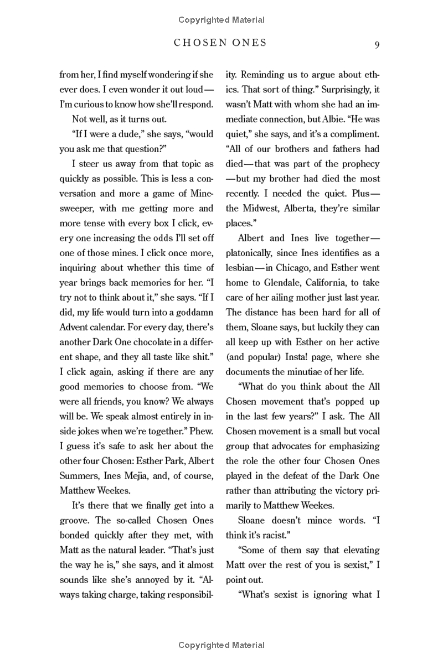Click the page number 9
click(x=377, y=44)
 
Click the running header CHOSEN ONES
click(x=220, y=43)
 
